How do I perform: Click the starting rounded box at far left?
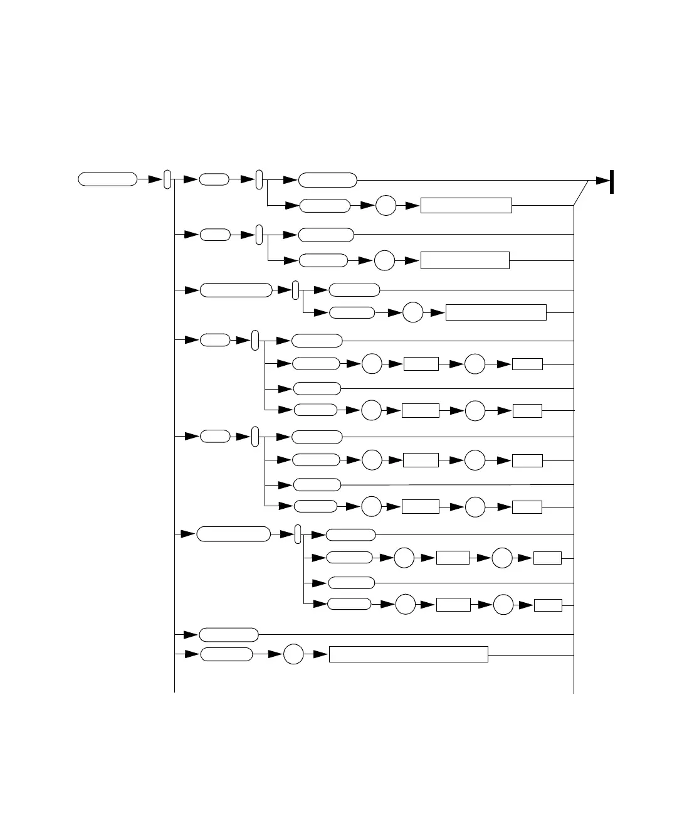click(107, 179)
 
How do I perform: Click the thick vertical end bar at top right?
click(611, 181)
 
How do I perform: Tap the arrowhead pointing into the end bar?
click(602, 181)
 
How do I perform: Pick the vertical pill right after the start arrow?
click(167, 179)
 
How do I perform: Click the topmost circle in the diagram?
click(386, 206)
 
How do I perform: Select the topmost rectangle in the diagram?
click(466, 206)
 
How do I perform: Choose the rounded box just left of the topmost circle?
click(325, 206)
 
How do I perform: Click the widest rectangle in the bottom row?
click(408, 654)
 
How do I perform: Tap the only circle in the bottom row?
click(293, 655)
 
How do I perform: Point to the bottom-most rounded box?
click(226, 655)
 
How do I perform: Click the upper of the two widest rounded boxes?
click(236, 290)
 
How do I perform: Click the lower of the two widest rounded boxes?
click(234, 534)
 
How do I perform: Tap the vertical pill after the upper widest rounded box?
click(296, 290)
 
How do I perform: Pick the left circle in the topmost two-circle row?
click(372, 364)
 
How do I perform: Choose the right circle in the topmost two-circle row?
click(475, 364)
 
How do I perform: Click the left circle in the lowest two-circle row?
click(406, 605)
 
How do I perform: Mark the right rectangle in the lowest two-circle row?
click(548, 605)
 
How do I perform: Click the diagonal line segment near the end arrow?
click(581, 193)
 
